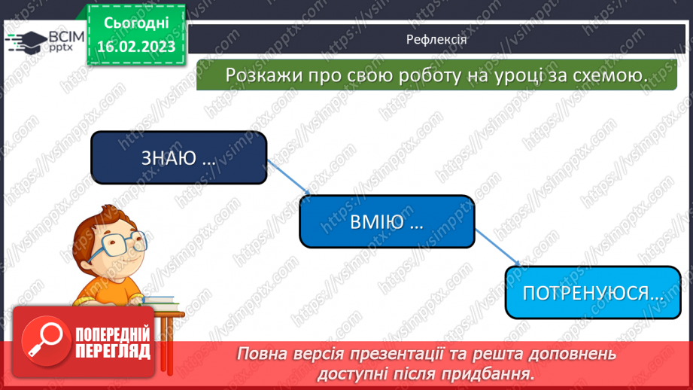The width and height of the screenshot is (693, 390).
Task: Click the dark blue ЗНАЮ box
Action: click(179, 158)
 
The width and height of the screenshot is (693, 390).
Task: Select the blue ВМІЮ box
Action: click(388, 222)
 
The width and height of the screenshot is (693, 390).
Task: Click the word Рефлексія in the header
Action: click(436, 40)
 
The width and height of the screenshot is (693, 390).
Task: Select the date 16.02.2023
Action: click(137, 47)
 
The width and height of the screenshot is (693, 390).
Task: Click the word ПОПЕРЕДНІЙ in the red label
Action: click(113, 334)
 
